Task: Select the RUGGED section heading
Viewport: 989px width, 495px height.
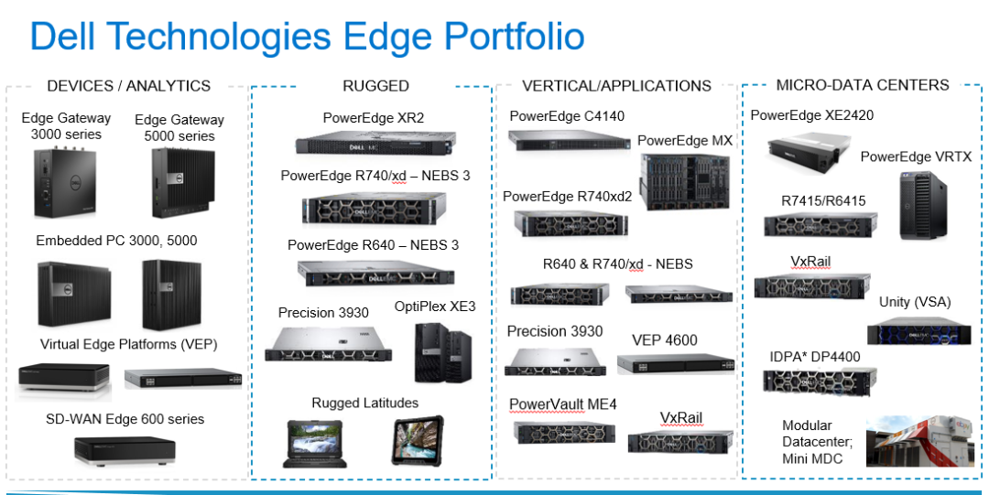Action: [376, 86]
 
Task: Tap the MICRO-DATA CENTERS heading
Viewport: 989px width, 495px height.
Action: [863, 85]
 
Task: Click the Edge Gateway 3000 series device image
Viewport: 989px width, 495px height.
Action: [64, 183]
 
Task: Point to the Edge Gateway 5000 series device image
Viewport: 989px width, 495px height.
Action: [179, 184]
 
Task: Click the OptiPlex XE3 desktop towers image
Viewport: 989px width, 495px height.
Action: [442, 352]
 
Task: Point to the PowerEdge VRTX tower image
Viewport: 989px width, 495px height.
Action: [923, 206]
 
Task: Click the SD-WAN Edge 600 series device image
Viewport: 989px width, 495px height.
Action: [125, 450]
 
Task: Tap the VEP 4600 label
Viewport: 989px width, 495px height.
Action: [665, 340]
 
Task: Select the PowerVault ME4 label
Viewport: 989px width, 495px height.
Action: [562, 404]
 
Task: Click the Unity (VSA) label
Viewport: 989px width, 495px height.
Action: [915, 302]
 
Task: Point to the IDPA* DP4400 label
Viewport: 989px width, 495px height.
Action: [814, 357]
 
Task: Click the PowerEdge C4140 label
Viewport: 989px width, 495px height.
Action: [567, 116]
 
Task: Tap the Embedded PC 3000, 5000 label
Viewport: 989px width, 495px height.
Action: [116, 241]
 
